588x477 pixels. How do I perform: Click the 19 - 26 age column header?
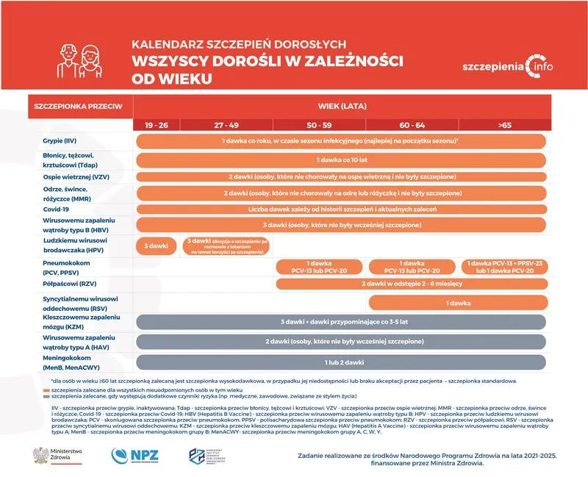pyautogui.click(x=157, y=126)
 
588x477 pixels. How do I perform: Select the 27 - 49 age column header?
pyautogui.click(x=226, y=126)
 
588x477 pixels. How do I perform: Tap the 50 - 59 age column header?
pyautogui.click(x=318, y=126)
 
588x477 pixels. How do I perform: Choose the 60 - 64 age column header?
pyautogui.click(x=412, y=126)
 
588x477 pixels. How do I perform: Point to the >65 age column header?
pyautogui.click(x=504, y=126)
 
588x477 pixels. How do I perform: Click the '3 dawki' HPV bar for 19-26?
pyautogui.click(x=157, y=245)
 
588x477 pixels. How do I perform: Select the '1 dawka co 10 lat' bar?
pyautogui.click(x=340, y=159)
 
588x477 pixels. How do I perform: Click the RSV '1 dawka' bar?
pyautogui.click(x=457, y=302)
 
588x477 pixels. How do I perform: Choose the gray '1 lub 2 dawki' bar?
pyautogui.click(x=340, y=362)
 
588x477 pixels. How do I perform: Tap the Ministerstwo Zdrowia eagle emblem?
pyautogui.click(x=41, y=455)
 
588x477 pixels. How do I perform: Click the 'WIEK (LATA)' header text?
pyautogui.click(x=340, y=106)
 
